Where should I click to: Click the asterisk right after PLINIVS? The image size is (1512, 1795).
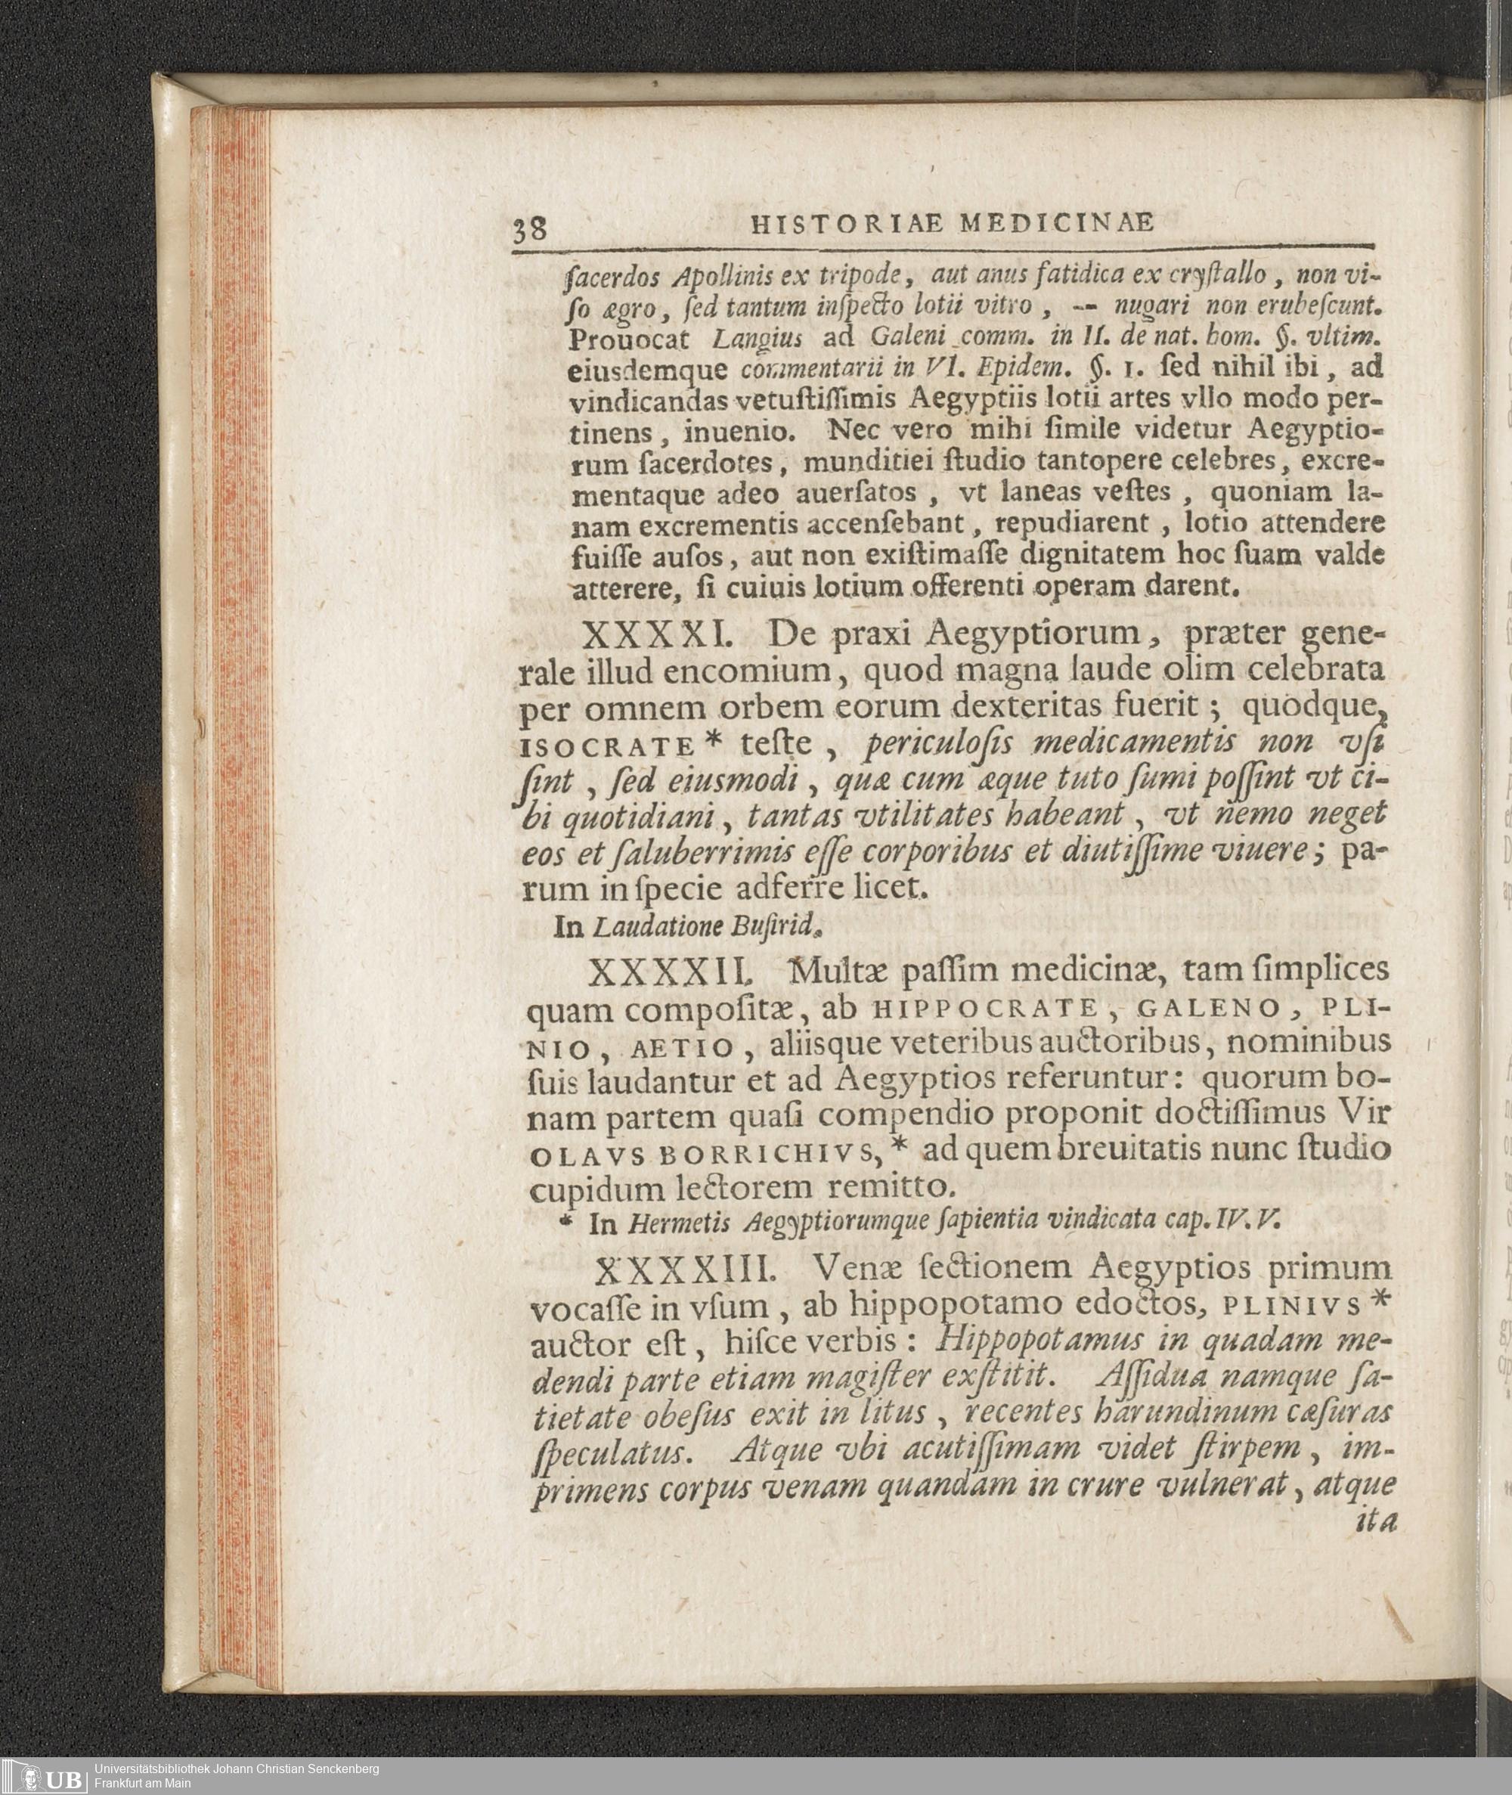(1378, 1300)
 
